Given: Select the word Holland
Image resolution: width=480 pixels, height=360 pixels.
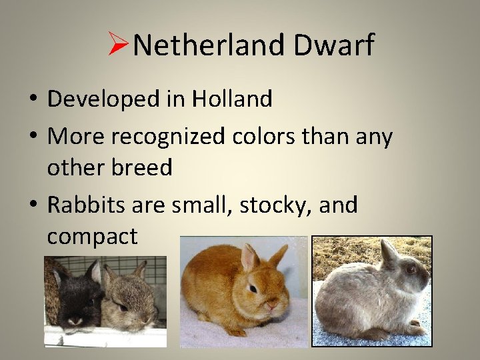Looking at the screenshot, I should pyautogui.click(x=232, y=99).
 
